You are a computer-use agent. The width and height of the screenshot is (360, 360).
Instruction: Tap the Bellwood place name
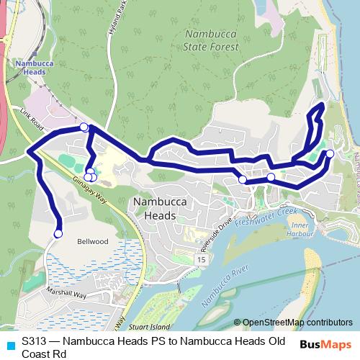(x=93, y=243)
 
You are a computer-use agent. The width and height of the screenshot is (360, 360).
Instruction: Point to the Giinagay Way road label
(x=87, y=173)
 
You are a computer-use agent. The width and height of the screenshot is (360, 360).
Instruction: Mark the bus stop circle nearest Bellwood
(x=58, y=233)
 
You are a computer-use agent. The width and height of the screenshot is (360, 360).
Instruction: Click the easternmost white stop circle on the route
(x=330, y=153)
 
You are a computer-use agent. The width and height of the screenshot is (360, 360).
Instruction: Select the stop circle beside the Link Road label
(x=84, y=127)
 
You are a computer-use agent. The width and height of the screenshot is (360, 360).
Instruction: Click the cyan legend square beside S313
(x=9, y=341)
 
